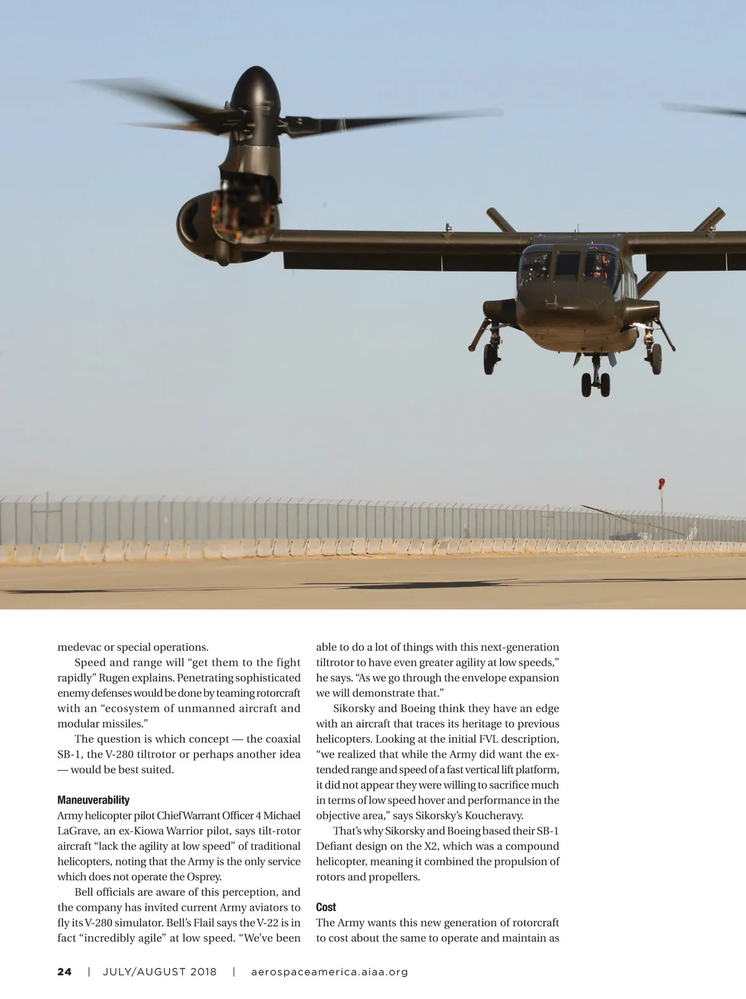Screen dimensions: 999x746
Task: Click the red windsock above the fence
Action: click(661, 483)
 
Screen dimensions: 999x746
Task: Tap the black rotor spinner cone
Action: click(256, 90)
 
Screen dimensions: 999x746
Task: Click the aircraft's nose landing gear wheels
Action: click(596, 384)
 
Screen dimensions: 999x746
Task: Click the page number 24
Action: click(65, 972)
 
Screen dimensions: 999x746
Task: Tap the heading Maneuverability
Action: click(93, 800)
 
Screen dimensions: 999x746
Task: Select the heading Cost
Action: click(326, 907)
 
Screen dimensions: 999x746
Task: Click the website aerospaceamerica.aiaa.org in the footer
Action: click(329, 972)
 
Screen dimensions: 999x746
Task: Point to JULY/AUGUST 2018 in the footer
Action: click(160, 972)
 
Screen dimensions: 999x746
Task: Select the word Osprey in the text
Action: click(203, 876)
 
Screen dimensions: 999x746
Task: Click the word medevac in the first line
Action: click(79, 647)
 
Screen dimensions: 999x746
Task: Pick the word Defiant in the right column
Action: click(335, 846)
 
